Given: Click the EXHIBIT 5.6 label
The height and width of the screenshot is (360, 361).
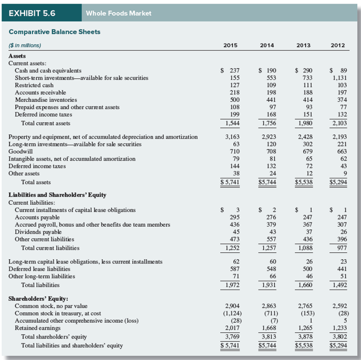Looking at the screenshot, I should tap(33, 13).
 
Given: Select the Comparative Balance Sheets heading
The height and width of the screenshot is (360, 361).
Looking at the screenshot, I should tap(55, 32).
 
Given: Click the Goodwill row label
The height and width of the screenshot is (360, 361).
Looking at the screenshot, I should tap(20, 151).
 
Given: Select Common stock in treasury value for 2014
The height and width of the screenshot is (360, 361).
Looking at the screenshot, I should tap(269, 313).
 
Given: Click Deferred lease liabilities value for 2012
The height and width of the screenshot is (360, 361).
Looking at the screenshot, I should tap(340, 268).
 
